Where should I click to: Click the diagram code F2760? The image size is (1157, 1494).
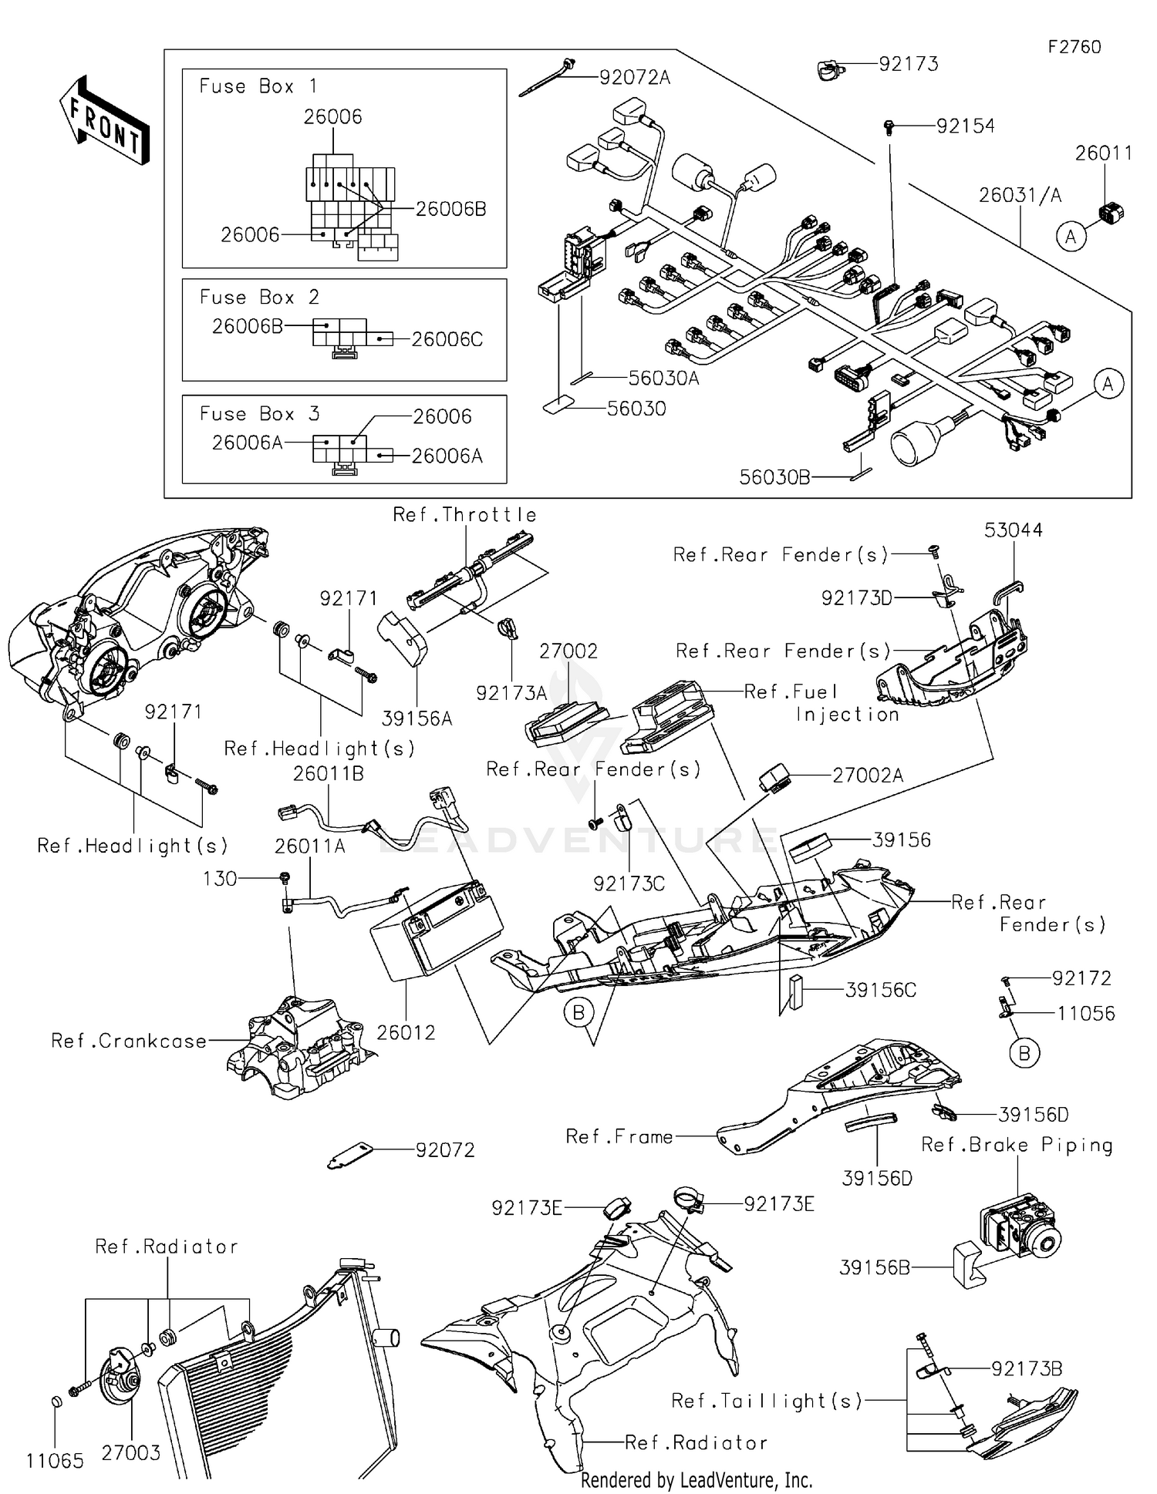pyautogui.click(x=1074, y=47)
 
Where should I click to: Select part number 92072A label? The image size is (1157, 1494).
pyautogui.click(x=635, y=77)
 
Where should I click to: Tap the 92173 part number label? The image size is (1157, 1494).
pyautogui.click(x=909, y=64)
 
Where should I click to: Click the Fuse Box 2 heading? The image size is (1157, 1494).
pyautogui.click(x=259, y=298)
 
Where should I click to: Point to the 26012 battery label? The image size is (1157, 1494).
pyautogui.click(x=406, y=1032)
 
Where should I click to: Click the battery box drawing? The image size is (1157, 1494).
pyautogui.click(x=436, y=929)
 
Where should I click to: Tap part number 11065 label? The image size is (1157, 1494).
pyautogui.click(x=55, y=1461)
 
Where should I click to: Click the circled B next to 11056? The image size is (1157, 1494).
pyautogui.click(x=1024, y=1052)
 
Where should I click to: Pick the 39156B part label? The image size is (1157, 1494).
pyautogui.click(x=875, y=1267)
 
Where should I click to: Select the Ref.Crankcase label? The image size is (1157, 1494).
pyautogui.click(x=129, y=1041)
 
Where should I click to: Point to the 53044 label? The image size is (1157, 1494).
pyautogui.click(x=1013, y=530)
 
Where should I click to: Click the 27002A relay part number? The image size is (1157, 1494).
pyautogui.click(x=868, y=776)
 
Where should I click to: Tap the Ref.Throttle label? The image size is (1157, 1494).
pyautogui.click(x=464, y=515)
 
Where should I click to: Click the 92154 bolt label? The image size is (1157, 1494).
pyautogui.click(x=965, y=126)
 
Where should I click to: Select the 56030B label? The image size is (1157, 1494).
pyautogui.click(x=774, y=477)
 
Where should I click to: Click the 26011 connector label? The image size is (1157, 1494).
pyautogui.click(x=1104, y=153)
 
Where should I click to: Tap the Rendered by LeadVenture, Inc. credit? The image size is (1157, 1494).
pyautogui.click(x=696, y=1479)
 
